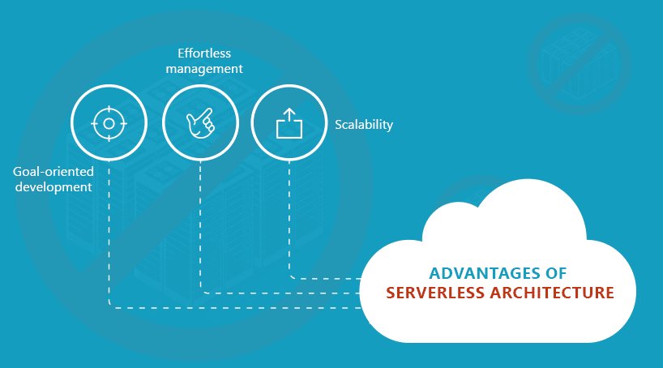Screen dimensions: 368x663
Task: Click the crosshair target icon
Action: [x=109, y=124]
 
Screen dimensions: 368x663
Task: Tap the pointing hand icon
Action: [x=200, y=124]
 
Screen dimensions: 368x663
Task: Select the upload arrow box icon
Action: [x=289, y=124]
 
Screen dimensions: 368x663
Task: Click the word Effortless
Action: [x=204, y=53]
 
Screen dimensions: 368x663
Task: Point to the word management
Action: [x=204, y=69]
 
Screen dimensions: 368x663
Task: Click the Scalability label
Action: [x=364, y=125]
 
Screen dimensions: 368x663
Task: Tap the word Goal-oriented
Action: [x=53, y=172]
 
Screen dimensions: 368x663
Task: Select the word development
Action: [x=52, y=187]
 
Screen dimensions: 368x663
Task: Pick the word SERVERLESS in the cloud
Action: [x=436, y=293]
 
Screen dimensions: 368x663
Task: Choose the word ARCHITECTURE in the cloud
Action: [x=551, y=293]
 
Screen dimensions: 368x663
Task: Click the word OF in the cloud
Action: [x=556, y=272]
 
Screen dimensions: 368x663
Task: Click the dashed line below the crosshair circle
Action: [x=109, y=235]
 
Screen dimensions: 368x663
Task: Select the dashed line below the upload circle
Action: [x=289, y=219]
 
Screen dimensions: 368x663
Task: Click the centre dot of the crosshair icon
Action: [x=109, y=124]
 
